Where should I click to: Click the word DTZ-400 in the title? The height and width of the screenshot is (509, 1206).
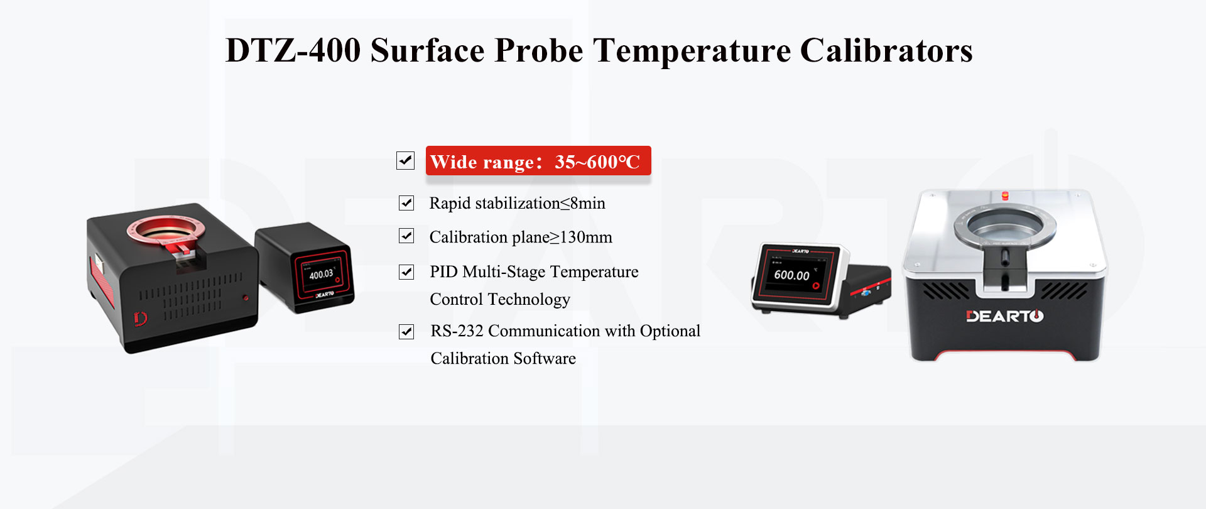[x=293, y=50]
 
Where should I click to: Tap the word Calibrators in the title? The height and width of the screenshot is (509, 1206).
[x=886, y=50]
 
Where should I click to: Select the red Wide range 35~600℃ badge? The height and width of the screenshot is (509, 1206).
[x=538, y=161]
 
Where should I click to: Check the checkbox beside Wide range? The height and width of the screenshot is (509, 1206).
[x=406, y=161]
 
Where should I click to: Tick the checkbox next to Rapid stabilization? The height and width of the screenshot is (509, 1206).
[x=406, y=203]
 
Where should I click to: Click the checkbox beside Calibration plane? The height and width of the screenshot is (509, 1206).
[x=406, y=236]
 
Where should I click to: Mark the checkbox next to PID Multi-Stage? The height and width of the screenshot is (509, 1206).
[x=406, y=272]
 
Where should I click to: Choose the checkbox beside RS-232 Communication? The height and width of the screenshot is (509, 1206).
[x=406, y=331]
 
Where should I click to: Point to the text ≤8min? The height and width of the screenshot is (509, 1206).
[x=583, y=204]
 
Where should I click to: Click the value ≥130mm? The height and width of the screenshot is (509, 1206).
[x=581, y=238]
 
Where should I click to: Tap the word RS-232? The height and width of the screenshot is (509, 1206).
[x=457, y=331]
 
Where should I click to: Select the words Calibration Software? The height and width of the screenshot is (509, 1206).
[x=503, y=359]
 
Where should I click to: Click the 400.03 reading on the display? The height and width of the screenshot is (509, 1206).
[x=321, y=274]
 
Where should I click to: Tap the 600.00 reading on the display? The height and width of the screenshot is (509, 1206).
[x=791, y=275]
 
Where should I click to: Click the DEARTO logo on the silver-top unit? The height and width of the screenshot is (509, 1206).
[x=1004, y=316]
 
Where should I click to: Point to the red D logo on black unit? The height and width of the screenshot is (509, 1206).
[x=140, y=319]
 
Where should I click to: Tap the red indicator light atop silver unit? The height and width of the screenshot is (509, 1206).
[x=1005, y=195]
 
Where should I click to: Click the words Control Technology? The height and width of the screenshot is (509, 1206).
[x=500, y=300]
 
